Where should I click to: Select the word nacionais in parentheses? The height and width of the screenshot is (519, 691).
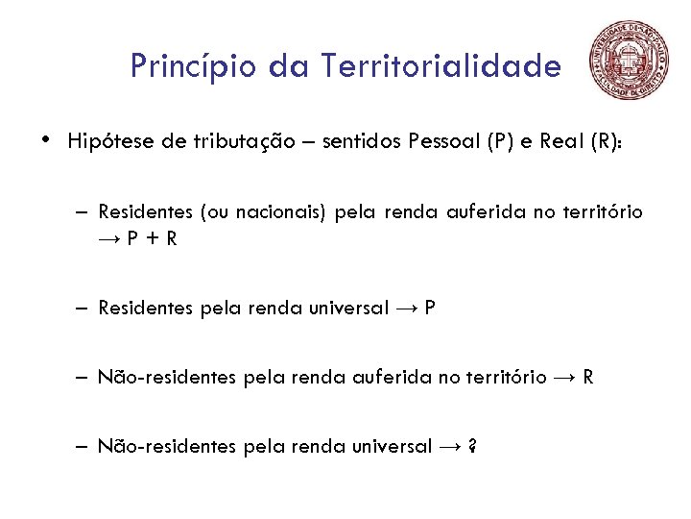tap(283, 212)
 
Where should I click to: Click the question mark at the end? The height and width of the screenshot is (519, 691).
tap(474, 447)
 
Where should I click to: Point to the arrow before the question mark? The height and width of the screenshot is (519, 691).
tap(450, 447)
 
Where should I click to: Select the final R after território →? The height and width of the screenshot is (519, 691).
tap(588, 378)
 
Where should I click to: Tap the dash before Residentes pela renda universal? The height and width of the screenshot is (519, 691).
tap(84, 309)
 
